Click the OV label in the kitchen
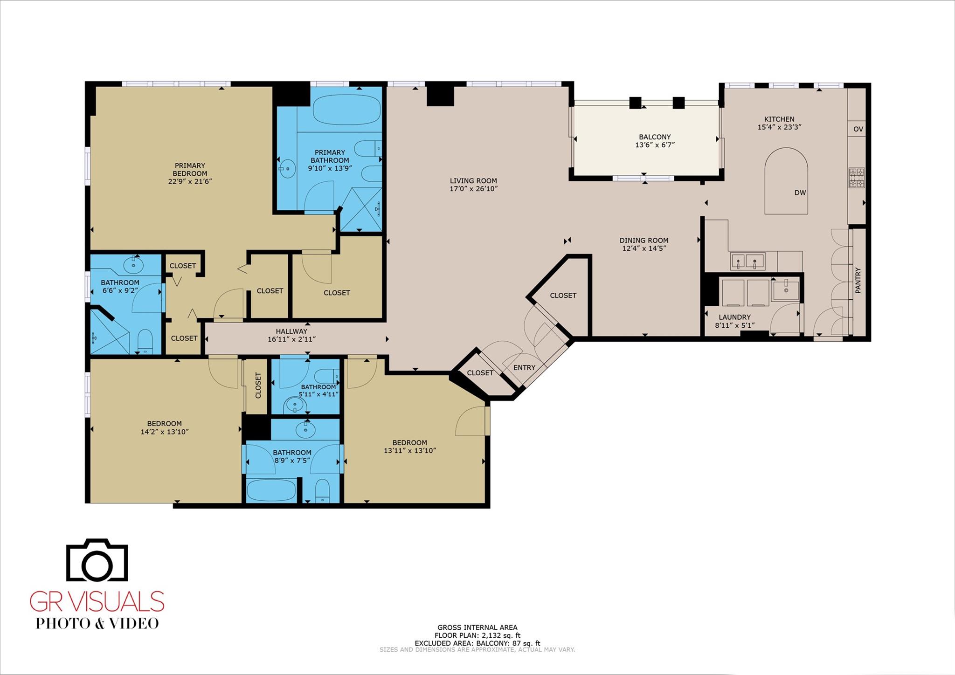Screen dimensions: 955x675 click(x=858, y=129)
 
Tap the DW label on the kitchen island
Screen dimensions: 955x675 click(x=800, y=193)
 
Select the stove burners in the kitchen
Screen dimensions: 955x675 click(x=857, y=178)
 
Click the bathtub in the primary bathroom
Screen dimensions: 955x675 click(x=346, y=110)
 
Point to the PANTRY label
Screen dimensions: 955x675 click(x=858, y=281)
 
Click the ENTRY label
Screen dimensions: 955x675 click(x=524, y=367)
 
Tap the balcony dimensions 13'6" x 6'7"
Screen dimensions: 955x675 click(x=655, y=145)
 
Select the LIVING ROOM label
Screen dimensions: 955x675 click(x=473, y=181)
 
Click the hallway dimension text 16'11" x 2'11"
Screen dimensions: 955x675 click(x=291, y=339)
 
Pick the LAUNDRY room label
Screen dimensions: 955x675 click(x=734, y=317)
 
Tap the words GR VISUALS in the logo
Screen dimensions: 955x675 click(x=97, y=601)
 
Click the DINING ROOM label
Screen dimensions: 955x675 click(x=644, y=241)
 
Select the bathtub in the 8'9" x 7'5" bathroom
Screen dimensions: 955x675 click(x=271, y=490)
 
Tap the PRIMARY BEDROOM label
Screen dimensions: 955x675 click(x=190, y=169)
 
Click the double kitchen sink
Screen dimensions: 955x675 click(x=747, y=261)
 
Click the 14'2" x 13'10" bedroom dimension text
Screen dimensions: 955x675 click(x=164, y=432)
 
